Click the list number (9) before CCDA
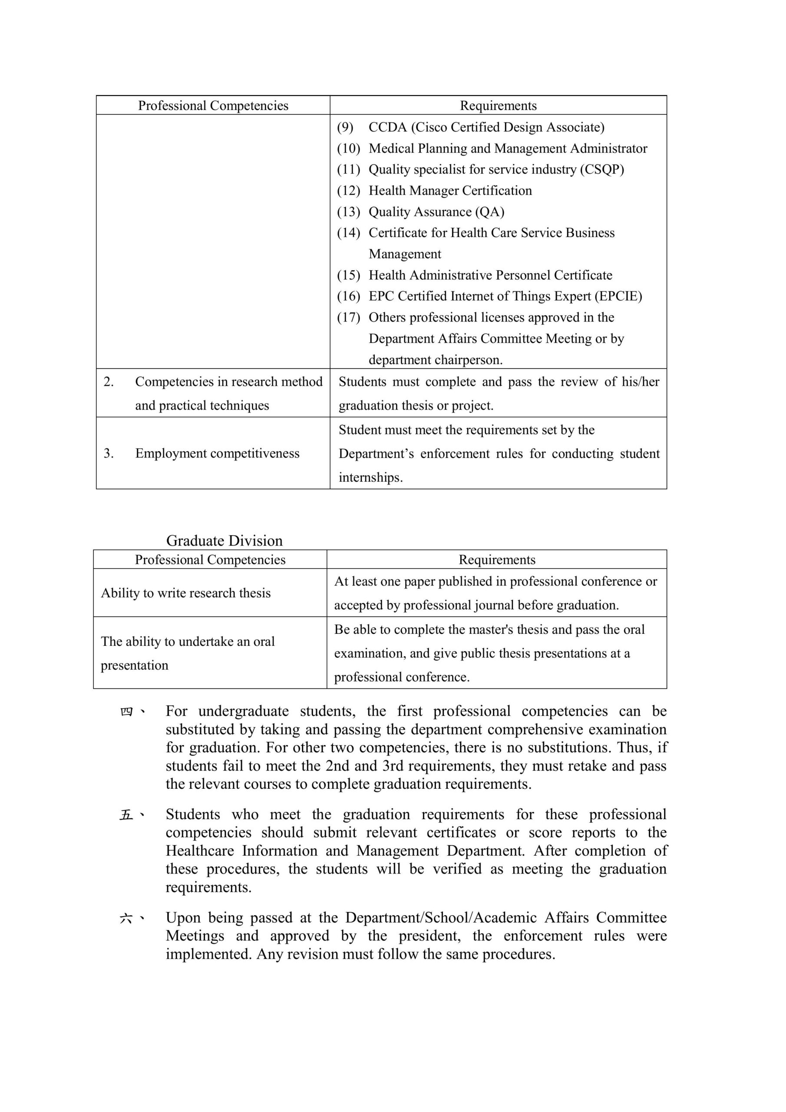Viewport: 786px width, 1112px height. coord(345,127)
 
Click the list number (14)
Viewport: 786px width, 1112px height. coord(349,233)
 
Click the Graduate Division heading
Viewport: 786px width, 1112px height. coord(224,540)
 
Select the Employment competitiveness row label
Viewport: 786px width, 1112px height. coord(217,453)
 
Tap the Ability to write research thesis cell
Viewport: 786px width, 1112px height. coord(185,593)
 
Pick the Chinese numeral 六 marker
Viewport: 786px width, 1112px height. coord(126,918)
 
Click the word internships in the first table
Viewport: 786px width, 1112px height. coord(370,477)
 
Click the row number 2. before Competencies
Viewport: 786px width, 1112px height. coord(109,382)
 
